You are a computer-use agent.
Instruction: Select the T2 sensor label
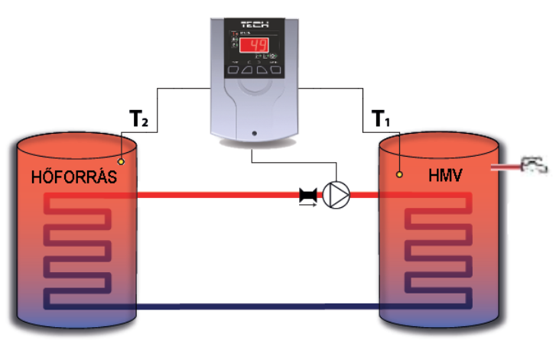[x=135, y=118]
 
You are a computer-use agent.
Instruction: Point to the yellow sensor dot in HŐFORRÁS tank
[x=120, y=162]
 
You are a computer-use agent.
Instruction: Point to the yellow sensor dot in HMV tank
[x=400, y=174]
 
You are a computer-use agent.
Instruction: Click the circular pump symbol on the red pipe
[x=334, y=195]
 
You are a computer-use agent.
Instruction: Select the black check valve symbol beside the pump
[x=309, y=196]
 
